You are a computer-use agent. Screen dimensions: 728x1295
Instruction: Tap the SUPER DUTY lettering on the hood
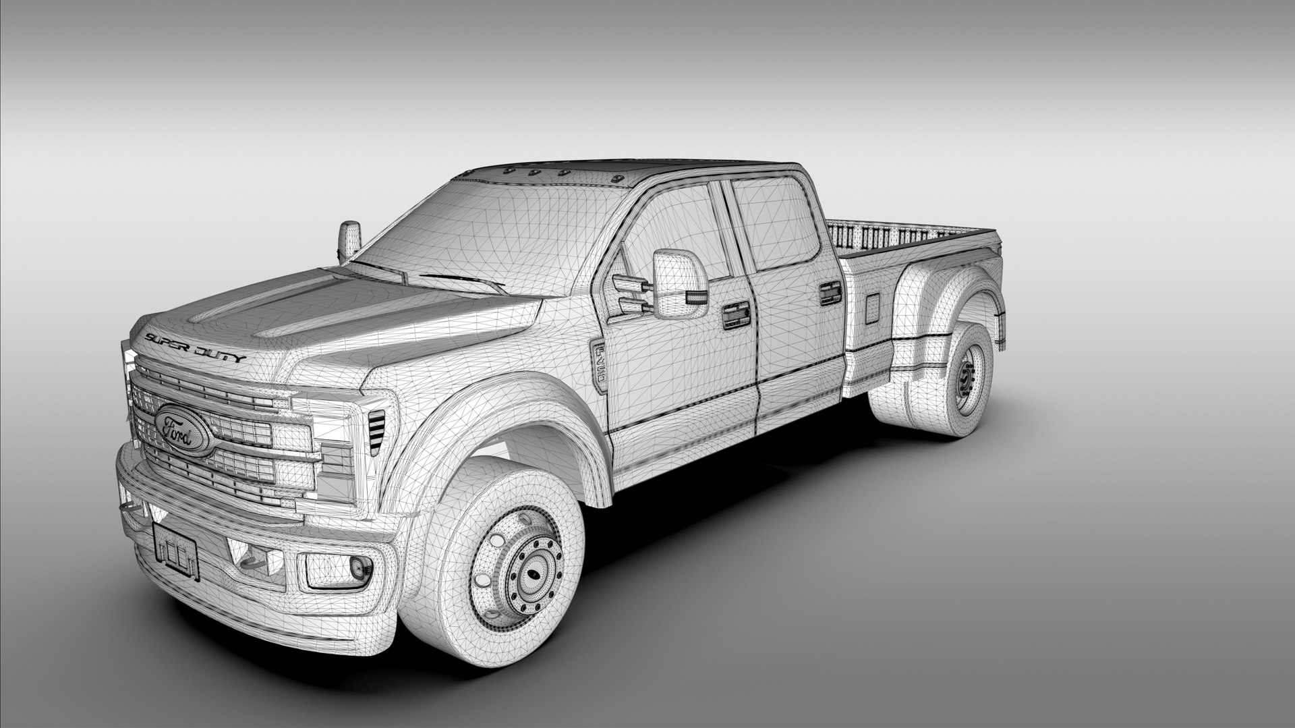tap(196, 347)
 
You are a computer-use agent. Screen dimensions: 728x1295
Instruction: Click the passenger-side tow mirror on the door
tap(680, 283)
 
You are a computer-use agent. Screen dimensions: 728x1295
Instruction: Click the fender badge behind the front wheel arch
tap(599, 365)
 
